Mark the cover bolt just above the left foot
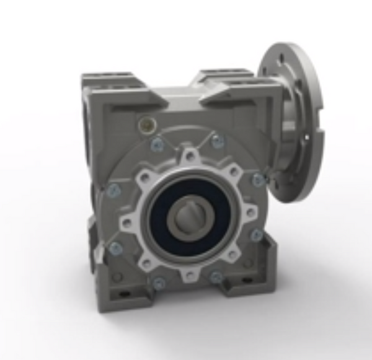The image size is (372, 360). pos(115,249)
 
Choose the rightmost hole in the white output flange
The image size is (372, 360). pos(251,213)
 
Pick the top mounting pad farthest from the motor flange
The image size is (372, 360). pos(108,79)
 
